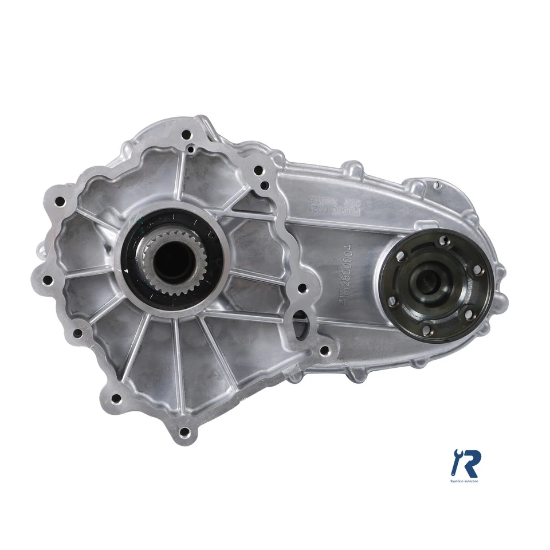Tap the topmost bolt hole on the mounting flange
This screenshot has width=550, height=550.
coord(186,136)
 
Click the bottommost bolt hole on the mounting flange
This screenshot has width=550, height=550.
coord(184,432)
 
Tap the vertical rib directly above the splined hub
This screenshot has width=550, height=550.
coord(182,172)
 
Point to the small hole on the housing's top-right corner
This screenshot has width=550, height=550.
coord(436,184)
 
